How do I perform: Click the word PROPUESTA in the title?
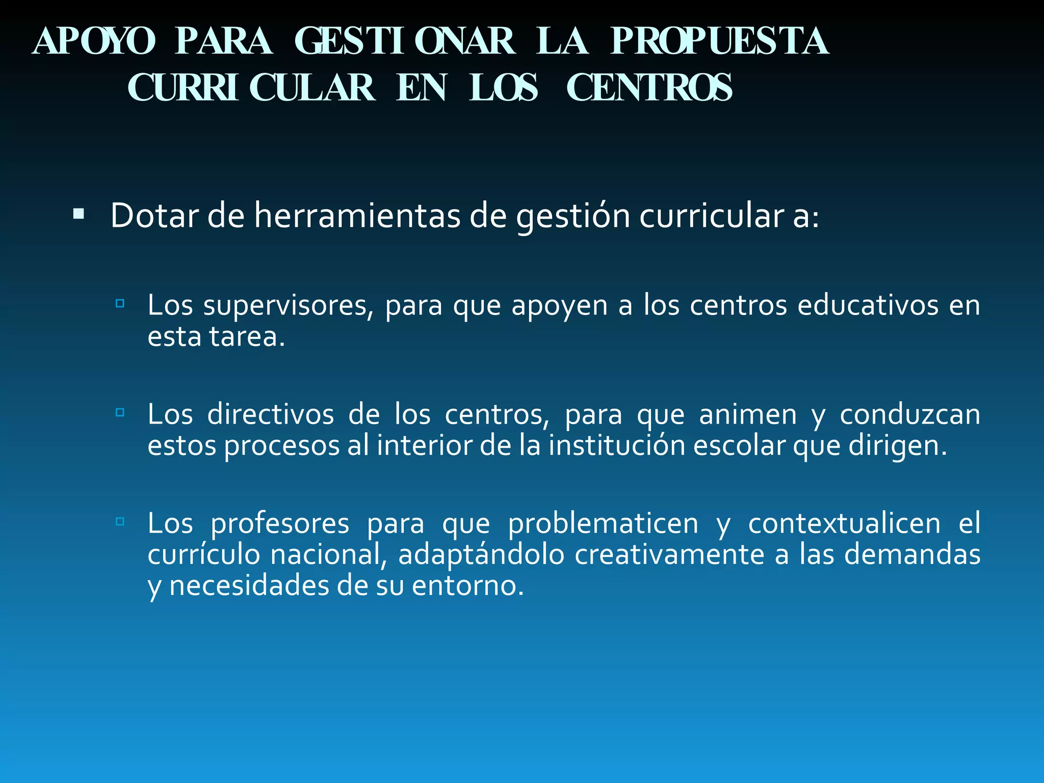tap(719, 42)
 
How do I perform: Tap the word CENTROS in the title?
tap(649, 88)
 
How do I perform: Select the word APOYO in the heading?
tap(94, 42)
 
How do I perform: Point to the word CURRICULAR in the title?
tap(251, 88)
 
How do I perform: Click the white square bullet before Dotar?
tap(79, 213)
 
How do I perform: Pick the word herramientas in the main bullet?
tap(357, 216)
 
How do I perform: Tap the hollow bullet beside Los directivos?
tap(120, 412)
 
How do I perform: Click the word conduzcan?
tap(910, 415)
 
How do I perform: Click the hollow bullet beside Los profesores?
tap(120, 521)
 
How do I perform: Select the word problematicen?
tap(603, 524)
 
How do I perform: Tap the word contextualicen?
tap(844, 524)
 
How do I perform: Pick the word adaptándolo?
tap(481, 556)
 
